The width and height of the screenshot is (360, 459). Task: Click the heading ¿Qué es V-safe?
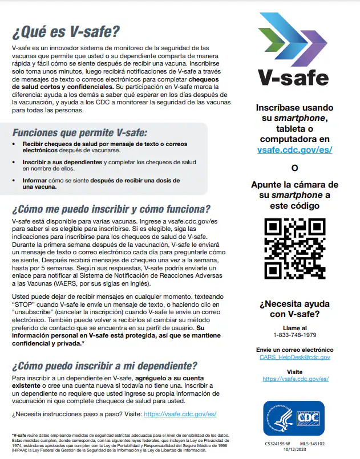point(67,30)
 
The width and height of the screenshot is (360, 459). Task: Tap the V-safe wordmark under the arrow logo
point(293,78)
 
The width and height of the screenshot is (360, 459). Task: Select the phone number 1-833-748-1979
point(294,335)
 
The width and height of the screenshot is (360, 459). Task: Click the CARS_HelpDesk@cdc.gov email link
point(294,357)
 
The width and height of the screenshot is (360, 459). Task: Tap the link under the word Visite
point(294,379)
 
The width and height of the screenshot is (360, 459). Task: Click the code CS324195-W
point(278,442)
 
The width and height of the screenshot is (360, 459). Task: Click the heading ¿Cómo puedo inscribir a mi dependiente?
point(105,365)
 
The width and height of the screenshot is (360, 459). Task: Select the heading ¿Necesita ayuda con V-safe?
point(294,308)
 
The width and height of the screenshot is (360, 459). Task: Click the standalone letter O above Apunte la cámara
point(294,168)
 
